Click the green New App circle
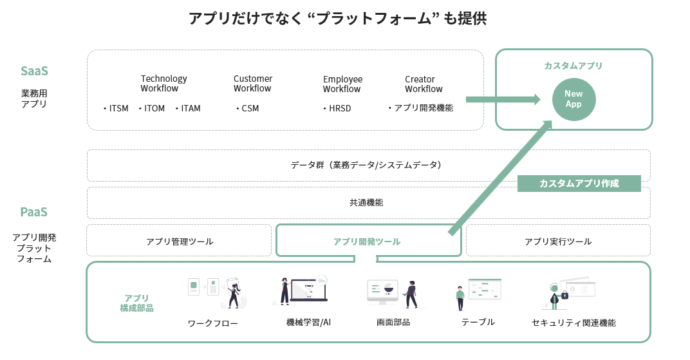tap(573, 99)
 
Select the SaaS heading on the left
tap(34, 71)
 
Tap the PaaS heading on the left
tap(34, 212)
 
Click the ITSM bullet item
tap(117, 108)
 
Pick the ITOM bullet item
tap(153, 108)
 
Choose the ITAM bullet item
tap(189, 108)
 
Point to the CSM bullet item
tap(248, 108)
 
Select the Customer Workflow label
tap(252, 83)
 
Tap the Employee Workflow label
tap(342, 84)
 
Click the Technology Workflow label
tap(163, 83)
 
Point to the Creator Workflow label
tap(424, 84)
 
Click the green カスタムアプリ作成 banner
tap(579, 184)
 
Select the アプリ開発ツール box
tap(368, 242)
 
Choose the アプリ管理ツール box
tap(179, 242)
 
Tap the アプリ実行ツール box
tap(557, 242)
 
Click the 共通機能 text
tap(366, 202)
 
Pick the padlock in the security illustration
tap(564, 295)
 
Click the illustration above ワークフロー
tap(216, 292)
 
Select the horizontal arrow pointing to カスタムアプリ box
tap(502, 99)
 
